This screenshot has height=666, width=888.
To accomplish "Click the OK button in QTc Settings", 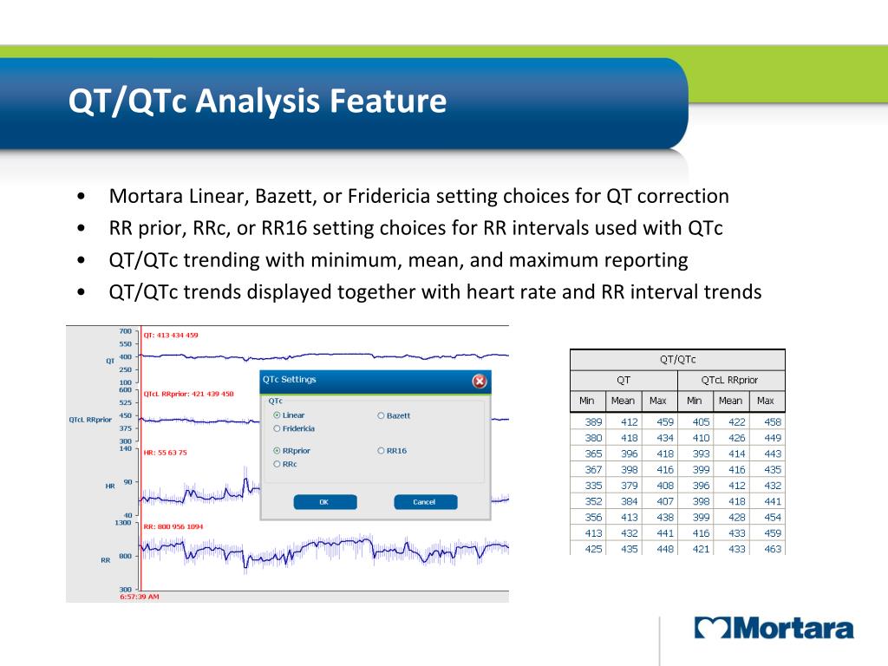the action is (325, 502).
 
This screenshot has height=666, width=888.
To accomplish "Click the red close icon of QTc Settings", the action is (479, 382).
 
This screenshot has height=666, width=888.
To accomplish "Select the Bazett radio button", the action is (382, 415).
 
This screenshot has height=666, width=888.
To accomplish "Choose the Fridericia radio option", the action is (277, 428).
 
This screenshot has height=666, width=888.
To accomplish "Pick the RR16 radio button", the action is (382, 451).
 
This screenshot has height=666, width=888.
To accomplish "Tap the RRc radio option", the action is (277, 464).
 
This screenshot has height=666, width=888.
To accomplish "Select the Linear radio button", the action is (277, 415).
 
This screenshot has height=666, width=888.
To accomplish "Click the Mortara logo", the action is (774, 628).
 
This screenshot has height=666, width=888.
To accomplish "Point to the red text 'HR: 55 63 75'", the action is (165, 453).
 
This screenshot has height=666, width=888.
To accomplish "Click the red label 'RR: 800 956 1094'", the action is (173, 526).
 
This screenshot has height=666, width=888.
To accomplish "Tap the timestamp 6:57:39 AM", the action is (140, 597).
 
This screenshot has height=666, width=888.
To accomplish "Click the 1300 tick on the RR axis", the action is (123, 523).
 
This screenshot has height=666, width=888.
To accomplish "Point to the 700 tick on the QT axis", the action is (125, 331).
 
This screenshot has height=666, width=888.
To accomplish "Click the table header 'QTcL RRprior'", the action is (729, 380).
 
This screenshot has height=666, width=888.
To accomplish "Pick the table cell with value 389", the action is (593, 422).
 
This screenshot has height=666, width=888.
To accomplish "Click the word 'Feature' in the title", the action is (388, 101).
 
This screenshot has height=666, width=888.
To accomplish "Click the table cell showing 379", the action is (630, 486).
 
